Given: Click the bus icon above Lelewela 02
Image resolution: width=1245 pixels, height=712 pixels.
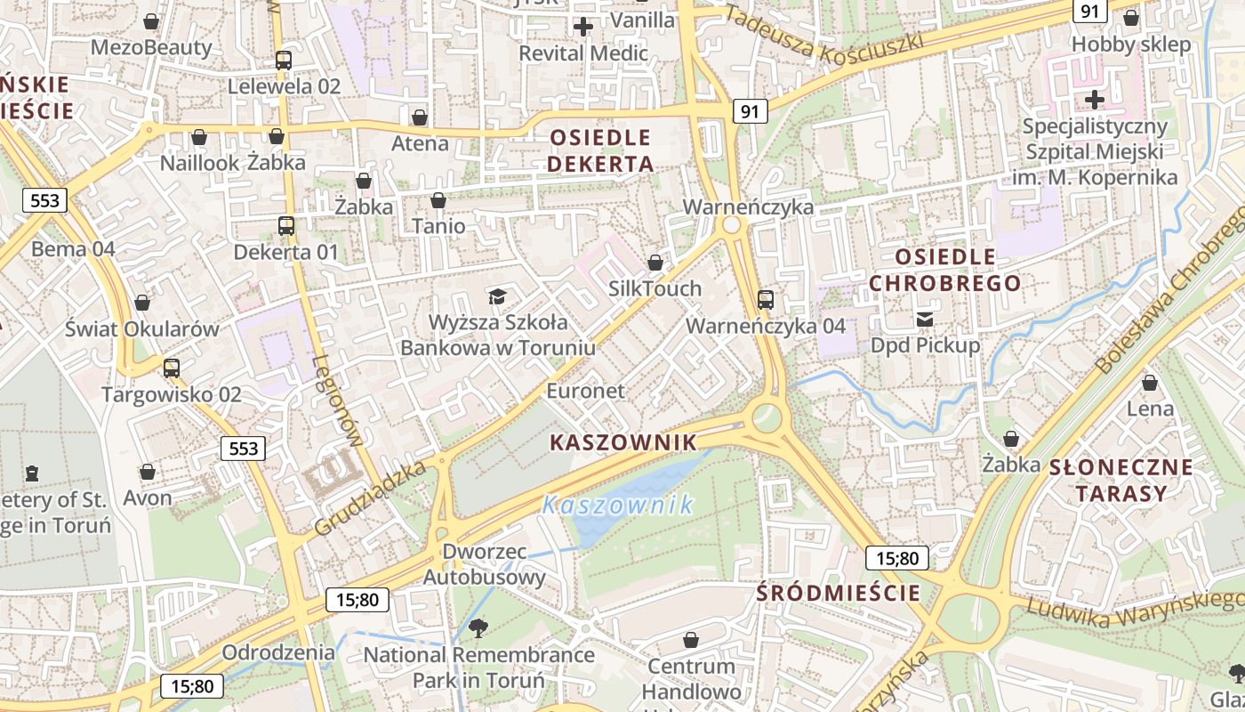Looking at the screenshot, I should click(284, 61).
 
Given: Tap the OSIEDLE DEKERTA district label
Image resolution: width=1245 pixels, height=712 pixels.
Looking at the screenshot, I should click(600, 150).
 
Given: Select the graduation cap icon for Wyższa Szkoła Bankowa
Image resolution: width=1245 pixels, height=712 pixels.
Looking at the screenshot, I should click(497, 296).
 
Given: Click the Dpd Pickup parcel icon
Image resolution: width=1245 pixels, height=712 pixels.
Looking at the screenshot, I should click(925, 319).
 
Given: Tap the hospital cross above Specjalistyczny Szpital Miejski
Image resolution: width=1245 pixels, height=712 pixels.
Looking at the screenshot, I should click(1095, 99).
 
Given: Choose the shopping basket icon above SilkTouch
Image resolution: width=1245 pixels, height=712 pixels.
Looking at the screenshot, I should click(655, 263).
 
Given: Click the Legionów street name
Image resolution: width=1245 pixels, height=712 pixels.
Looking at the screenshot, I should click(339, 400).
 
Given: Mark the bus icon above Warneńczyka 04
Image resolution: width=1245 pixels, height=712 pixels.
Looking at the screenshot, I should click(765, 300).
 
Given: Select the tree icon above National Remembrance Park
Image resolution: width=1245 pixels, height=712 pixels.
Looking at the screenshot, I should click(478, 628).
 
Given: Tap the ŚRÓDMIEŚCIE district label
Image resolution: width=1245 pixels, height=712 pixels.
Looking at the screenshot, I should click(838, 593).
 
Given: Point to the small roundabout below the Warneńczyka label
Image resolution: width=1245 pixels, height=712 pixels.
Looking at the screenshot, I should click(733, 225).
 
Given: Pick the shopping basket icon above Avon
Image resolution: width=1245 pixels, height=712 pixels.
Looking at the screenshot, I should click(148, 472).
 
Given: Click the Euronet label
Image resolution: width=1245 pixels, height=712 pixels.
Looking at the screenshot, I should click(585, 391).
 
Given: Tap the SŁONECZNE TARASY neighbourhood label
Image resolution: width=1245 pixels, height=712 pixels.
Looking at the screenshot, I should click(1120, 480).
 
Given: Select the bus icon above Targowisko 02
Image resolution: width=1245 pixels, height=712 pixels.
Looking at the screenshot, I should click(171, 368).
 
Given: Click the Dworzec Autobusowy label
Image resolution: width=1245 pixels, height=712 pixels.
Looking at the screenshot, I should click(485, 564).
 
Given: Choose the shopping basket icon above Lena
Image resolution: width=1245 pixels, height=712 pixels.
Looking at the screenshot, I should click(1150, 383).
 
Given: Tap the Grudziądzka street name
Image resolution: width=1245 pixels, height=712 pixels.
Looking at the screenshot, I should click(370, 498).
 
